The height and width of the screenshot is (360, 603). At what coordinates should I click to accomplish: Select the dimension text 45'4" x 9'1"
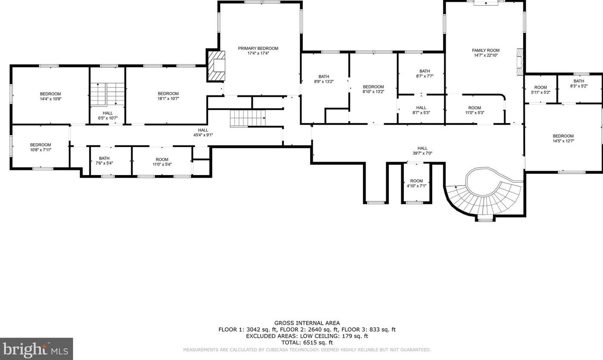pyautogui.click(x=203, y=135)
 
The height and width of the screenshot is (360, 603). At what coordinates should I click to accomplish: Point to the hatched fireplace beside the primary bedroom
pyautogui.click(x=216, y=65)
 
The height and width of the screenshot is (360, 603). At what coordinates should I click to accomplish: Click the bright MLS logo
pyautogui.click(x=36, y=349)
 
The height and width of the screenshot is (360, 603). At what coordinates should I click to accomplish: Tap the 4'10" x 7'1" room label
pyautogui.click(x=416, y=183)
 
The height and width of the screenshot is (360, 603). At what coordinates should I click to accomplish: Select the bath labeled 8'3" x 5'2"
pyautogui.click(x=579, y=83)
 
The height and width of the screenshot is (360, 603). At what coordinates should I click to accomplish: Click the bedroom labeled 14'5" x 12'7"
pyautogui.click(x=563, y=138)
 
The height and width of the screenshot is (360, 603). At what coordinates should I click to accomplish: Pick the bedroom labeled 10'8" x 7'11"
pyautogui.click(x=40, y=147)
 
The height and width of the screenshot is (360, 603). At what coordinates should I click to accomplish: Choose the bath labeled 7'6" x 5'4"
pyautogui.click(x=104, y=161)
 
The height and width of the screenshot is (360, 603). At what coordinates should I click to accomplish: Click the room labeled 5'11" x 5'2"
pyautogui.click(x=541, y=89)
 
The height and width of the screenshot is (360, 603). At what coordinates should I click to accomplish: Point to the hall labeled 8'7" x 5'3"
pyautogui.click(x=421, y=110)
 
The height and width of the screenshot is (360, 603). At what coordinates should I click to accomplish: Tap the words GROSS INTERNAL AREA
pyautogui.click(x=307, y=323)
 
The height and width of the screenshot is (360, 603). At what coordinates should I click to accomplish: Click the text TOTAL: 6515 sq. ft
pyautogui.click(x=307, y=343)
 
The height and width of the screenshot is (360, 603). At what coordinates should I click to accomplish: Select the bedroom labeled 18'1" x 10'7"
pyautogui.click(x=168, y=96)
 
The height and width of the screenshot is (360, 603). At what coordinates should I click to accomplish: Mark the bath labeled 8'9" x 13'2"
pyautogui.click(x=324, y=79)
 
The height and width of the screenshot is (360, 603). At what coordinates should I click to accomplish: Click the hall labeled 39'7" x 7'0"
pyautogui.click(x=422, y=151)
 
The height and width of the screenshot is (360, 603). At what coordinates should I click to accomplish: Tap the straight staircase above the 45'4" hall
pyautogui.click(x=248, y=118)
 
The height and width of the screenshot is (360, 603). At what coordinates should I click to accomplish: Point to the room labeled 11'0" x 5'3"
pyautogui.click(x=474, y=110)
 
